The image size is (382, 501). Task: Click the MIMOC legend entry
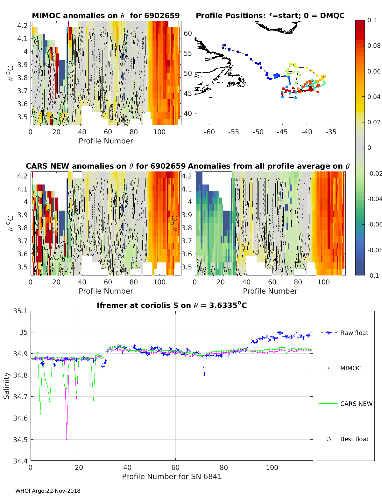pos(350,368)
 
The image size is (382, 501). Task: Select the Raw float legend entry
pos(354,333)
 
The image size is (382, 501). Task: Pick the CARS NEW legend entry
pos(356,404)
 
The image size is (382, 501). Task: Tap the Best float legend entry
pos(354,439)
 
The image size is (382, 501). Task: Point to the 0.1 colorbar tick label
pos(372,20)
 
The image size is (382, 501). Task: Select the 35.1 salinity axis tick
pos(20,311)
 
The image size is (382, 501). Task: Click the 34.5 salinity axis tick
pos(20,440)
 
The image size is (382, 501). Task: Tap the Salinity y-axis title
pos(7,386)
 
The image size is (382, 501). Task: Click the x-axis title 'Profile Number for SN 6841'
pos(172,477)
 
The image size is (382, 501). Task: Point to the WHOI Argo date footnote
pos(48,491)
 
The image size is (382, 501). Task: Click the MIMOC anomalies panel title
pos(106,16)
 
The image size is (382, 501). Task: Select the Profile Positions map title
pos(270,16)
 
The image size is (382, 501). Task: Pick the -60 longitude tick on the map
pos(209,132)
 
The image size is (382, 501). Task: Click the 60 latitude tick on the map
pos(188,33)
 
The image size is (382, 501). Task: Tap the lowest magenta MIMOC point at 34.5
pos(67,440)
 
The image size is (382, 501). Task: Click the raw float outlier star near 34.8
pos(204,374)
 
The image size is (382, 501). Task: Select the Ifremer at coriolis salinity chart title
pos(172,305)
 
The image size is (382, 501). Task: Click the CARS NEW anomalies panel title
pos(106,166)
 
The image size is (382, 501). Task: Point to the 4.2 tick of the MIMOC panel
pos(23,25)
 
